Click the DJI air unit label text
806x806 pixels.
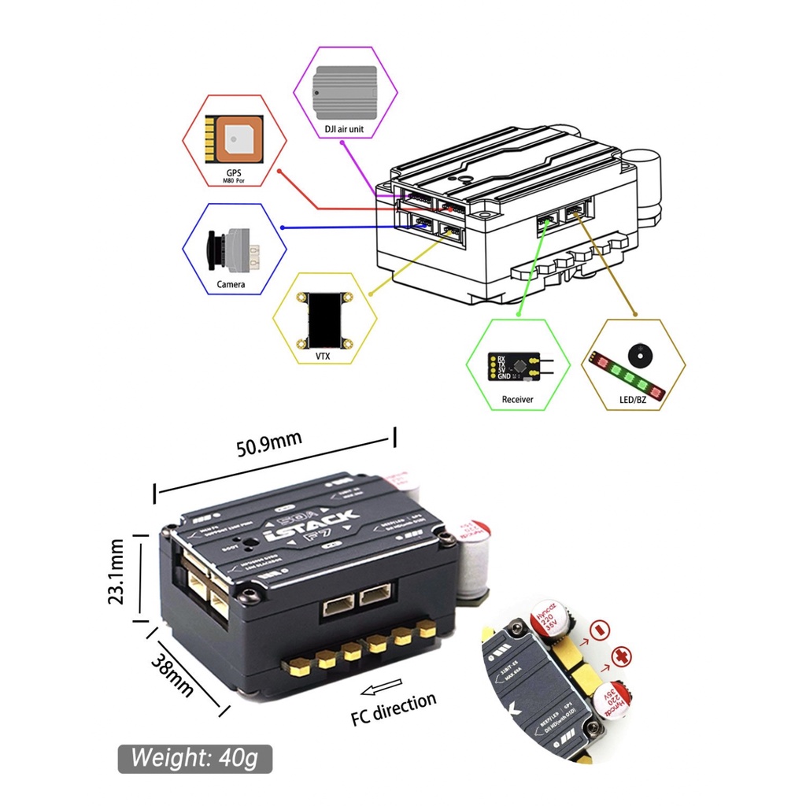pos(344,128)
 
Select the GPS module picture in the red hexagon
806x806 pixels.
pos(233,141)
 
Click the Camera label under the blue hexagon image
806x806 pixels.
pos(231,284)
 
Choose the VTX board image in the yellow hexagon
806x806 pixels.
pos(324,320)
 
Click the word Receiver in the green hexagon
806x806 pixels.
pos(517,399)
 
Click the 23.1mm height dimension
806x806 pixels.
pos(117,571)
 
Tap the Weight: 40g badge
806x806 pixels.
pos(194,759)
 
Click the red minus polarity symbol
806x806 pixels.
pos(601,630)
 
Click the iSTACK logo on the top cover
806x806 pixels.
pos(312,529)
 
